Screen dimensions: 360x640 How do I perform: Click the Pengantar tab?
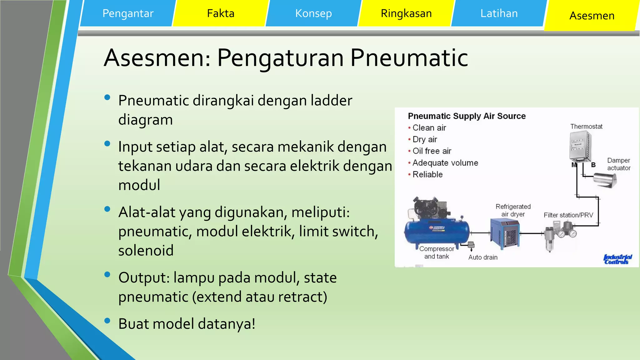pos(128,13)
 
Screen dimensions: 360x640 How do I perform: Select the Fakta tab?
pos(220,13)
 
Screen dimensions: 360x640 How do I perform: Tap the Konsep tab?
pos(313,13)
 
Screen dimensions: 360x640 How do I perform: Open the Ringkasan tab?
pos(406,13)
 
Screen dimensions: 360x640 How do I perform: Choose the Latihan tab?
pos(499,13)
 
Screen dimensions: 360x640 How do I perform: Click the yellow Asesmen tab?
pos(592,16)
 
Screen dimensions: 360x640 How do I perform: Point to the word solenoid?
pos(146,251)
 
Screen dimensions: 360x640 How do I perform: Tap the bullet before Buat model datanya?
pos(107,321)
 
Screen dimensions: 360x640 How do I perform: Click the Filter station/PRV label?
pos(568,215)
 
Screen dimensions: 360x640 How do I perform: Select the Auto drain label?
pos(482,257)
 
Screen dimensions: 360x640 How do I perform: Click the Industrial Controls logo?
pos(617,259)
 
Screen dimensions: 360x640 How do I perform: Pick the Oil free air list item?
pos(432,151)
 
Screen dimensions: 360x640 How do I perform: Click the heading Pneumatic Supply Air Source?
pos(467,116)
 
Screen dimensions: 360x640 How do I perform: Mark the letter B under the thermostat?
pos(593,165)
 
